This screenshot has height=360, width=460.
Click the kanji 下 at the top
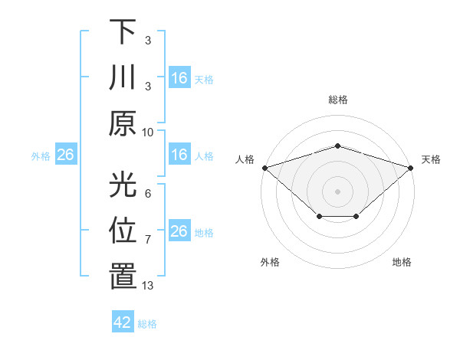pos(123,31)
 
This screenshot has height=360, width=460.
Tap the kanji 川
pos(123,77)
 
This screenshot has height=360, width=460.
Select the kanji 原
pos(123,124)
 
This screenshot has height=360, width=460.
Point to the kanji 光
pos(123,184)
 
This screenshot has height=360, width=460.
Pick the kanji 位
pos(123,231)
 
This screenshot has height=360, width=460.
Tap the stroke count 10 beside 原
pos(148,132)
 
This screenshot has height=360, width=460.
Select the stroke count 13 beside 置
pos(148,286)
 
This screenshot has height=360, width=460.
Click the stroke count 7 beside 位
pos(148,240)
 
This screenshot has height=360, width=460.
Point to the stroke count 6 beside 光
pos(148,193)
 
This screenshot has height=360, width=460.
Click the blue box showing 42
pos(123,322)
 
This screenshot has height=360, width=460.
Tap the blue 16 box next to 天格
pos(179,78)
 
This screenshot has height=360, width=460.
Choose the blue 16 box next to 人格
pos(179,155)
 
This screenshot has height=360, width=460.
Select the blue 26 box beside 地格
pos(179,231)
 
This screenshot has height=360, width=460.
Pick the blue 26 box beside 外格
pos(66,155)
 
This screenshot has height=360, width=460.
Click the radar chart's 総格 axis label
pos(337,100)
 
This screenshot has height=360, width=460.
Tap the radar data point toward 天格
pos(412,168)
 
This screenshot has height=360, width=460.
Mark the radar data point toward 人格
pos(264,168)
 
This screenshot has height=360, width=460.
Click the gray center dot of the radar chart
pos(337,191)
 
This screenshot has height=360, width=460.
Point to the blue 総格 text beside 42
pos(147,323)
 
